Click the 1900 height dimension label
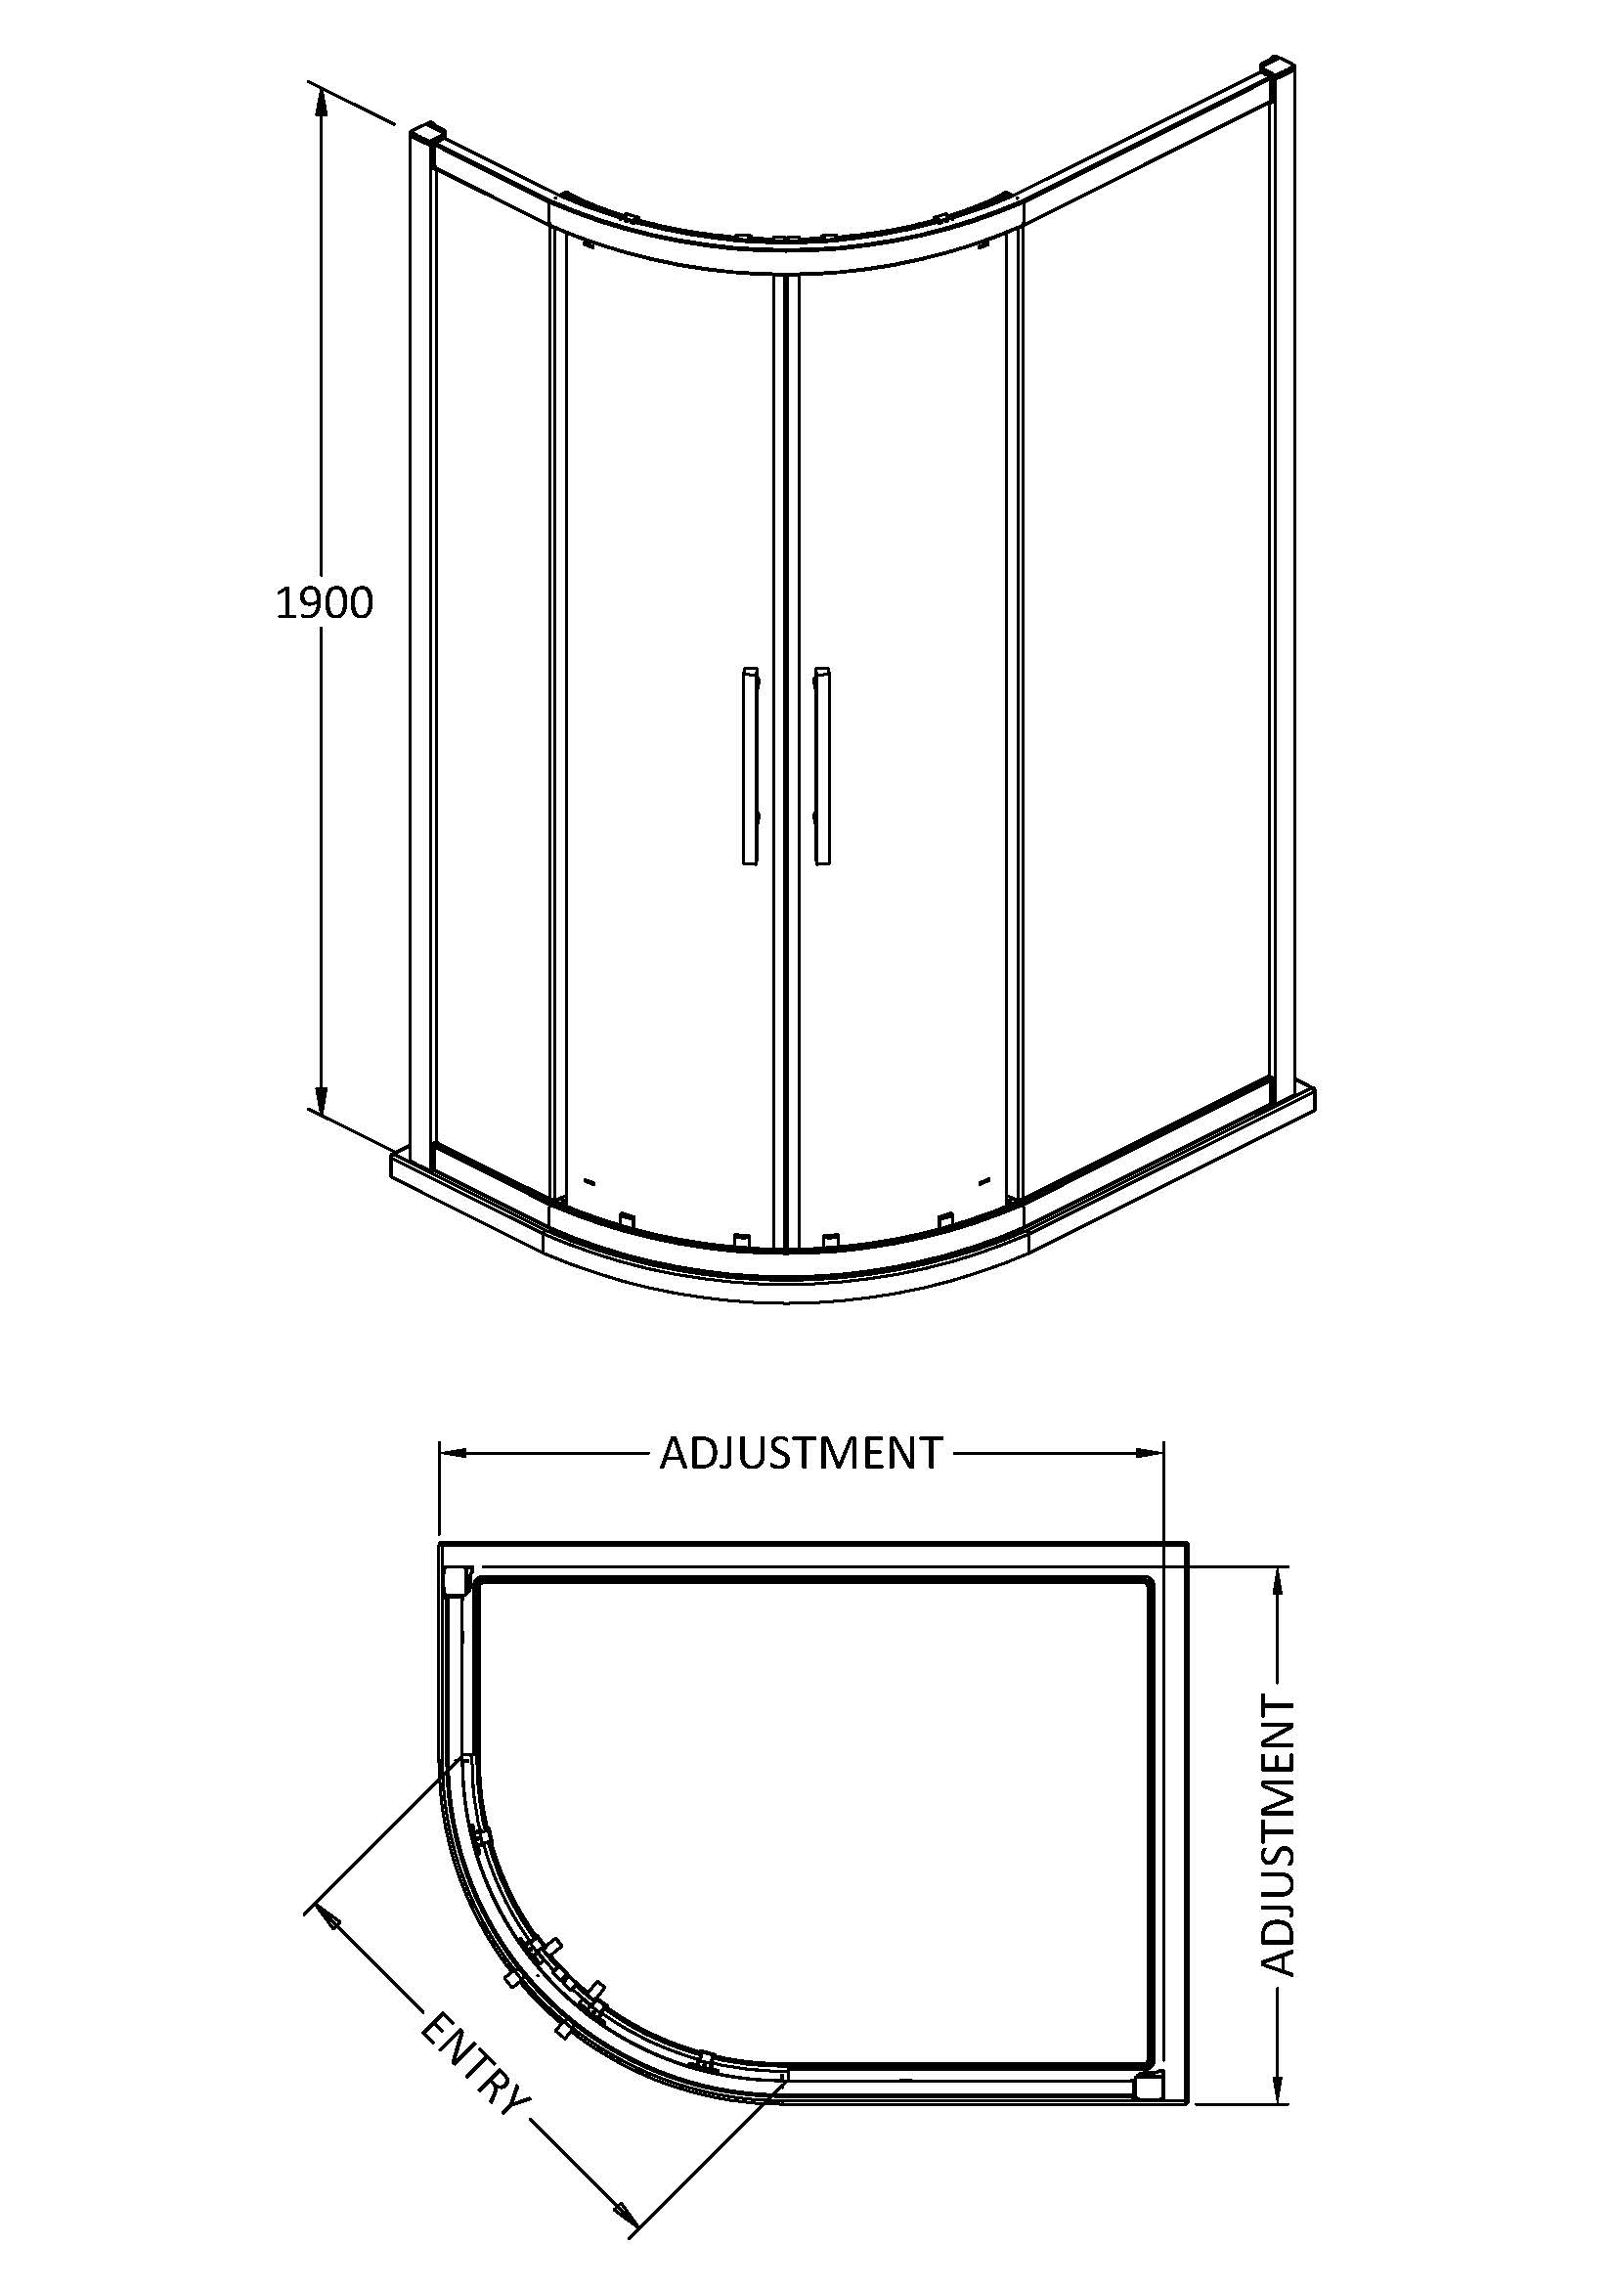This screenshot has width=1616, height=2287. click(324, 603)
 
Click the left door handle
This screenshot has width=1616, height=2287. click(750, 765)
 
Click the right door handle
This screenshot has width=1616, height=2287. click(821, 765)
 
